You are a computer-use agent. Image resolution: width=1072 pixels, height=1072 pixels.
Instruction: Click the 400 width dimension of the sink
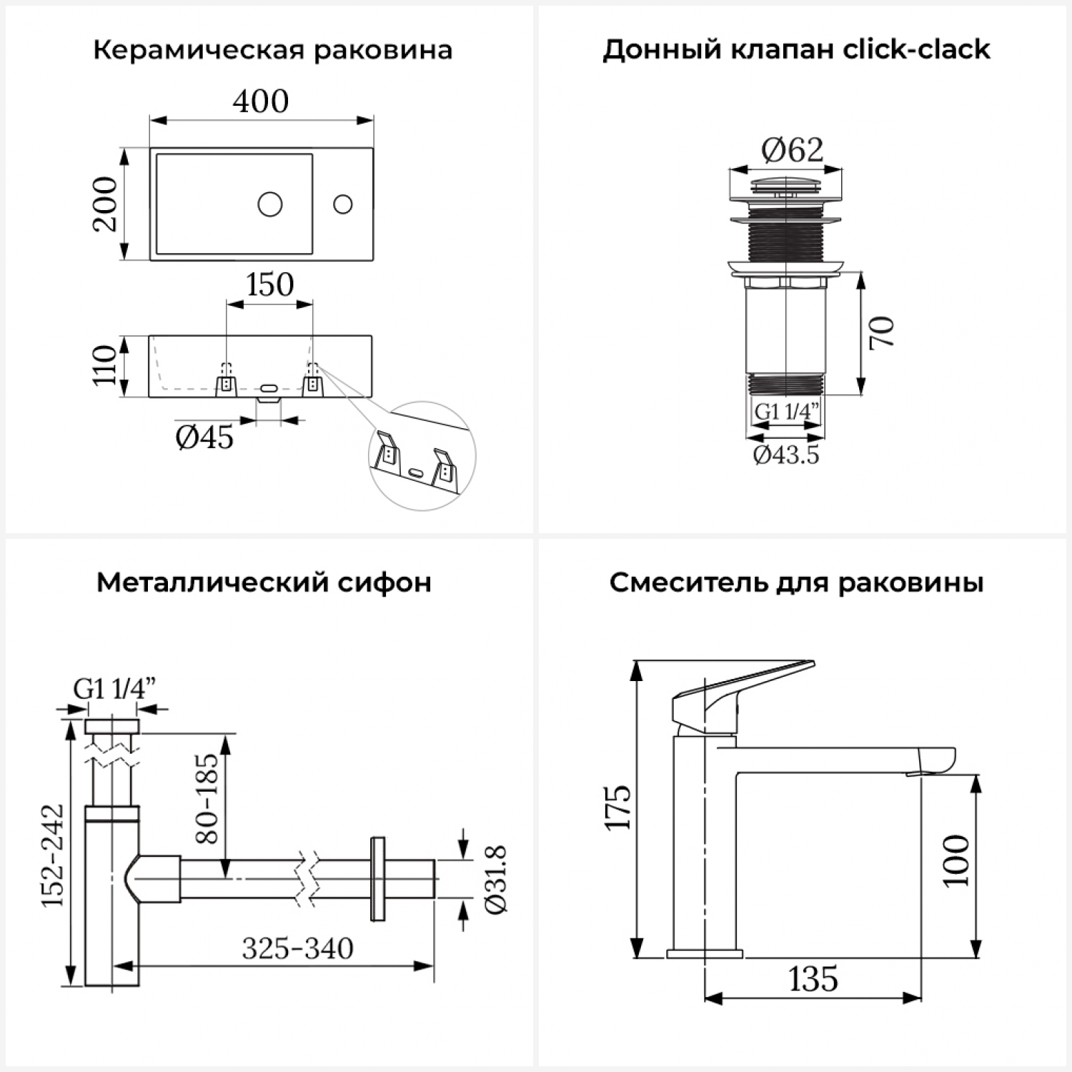tap(261, 101)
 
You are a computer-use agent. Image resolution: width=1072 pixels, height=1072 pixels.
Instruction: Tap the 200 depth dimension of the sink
tap(105, 204)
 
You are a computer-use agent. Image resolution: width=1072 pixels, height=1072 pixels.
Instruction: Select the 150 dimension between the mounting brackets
tap(269, 284)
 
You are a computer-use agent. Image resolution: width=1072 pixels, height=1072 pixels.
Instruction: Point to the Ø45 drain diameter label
tap(204, 437)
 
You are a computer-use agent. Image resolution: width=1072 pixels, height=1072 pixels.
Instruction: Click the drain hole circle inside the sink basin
tap(270, 204)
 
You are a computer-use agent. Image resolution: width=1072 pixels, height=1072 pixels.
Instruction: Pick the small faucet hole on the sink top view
tap(343, 204)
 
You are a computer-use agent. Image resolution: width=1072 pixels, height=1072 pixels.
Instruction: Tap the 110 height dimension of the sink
tap(105, 365)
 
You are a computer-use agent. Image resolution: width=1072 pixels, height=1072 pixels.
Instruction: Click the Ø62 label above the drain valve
tap(792, 149)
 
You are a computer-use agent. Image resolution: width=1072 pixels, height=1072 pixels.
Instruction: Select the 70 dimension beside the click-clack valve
tap(883, 332)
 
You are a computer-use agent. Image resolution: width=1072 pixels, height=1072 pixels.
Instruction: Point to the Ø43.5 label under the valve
tap(786, 455)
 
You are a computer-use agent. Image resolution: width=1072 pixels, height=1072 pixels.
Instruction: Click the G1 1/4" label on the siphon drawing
tap(114, 689)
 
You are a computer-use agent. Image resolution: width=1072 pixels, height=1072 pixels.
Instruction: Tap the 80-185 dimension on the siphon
tap(207, 798)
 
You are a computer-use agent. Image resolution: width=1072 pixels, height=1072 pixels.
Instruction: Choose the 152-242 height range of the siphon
tap(52, 855)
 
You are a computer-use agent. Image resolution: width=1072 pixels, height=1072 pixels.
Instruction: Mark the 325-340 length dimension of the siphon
tap(297, 948)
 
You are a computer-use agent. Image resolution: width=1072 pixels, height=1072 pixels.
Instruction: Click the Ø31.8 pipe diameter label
tap(495, 879)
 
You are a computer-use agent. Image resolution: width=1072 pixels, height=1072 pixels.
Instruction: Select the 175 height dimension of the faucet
tap(618, 808)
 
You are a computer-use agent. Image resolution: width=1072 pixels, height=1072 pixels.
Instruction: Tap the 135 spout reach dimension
tap(813, 979)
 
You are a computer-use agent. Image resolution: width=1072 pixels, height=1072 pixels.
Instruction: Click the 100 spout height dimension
tap(956, 860)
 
